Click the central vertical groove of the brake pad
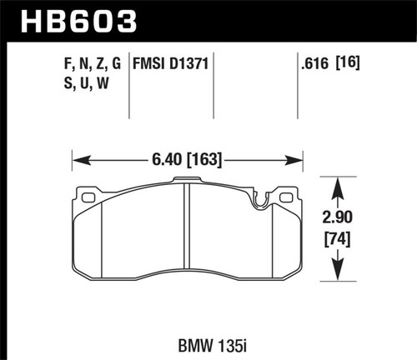click(x=187, y=233)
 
